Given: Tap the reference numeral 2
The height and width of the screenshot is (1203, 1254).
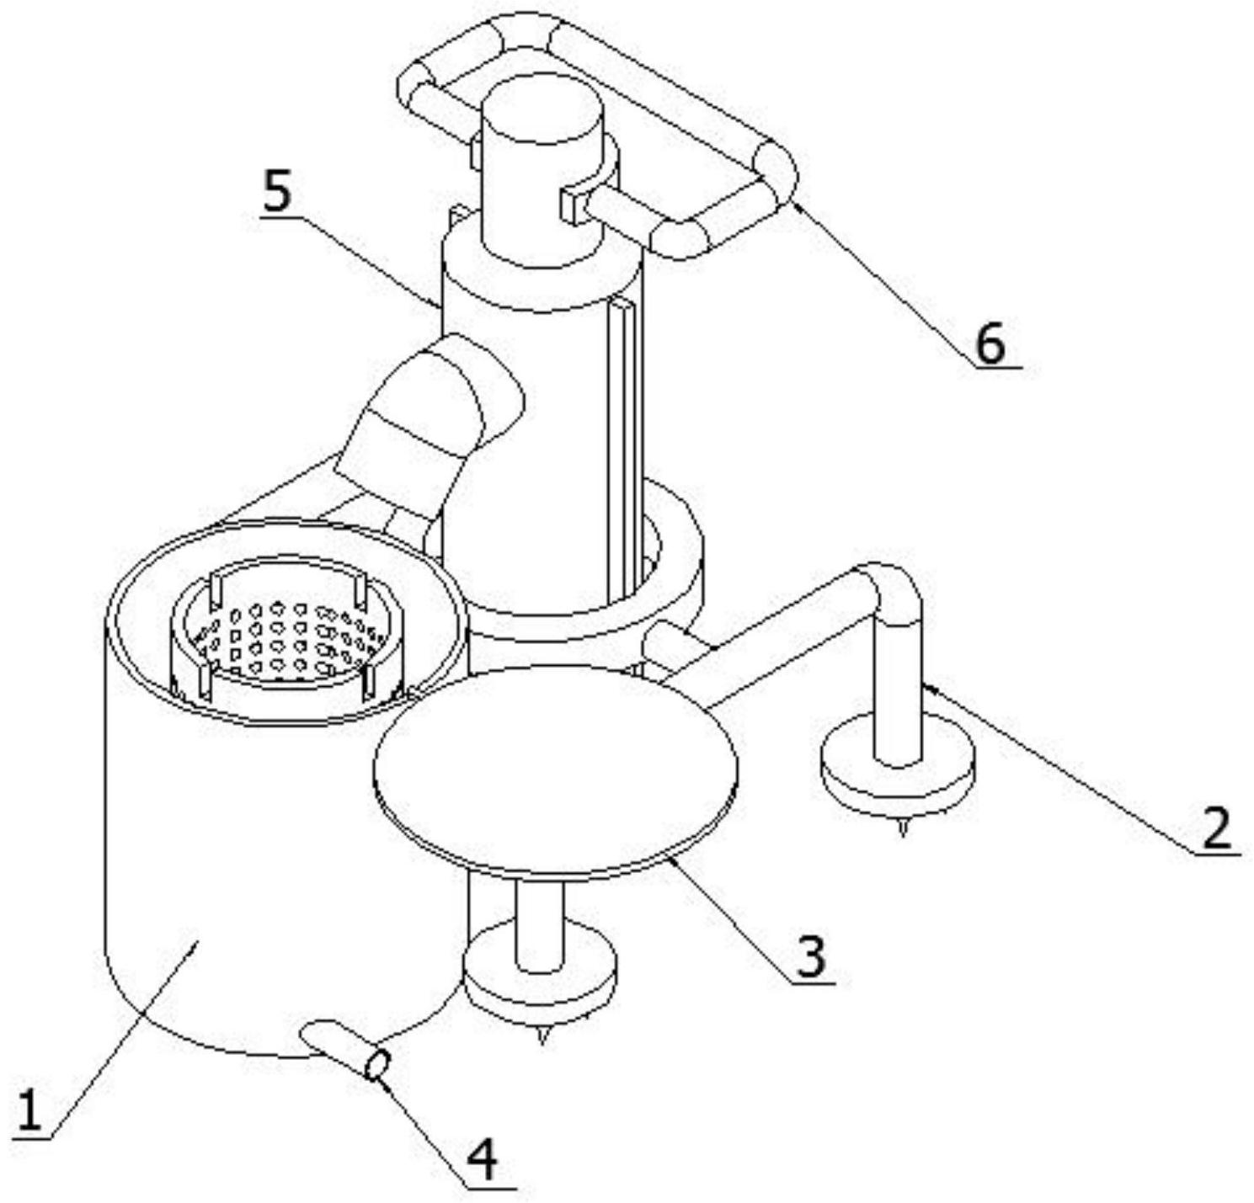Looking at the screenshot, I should coord(1215,828).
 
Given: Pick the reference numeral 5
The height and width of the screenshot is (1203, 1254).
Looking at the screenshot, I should coord(277,192).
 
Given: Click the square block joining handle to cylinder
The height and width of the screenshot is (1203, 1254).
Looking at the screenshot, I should coord(572,205).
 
